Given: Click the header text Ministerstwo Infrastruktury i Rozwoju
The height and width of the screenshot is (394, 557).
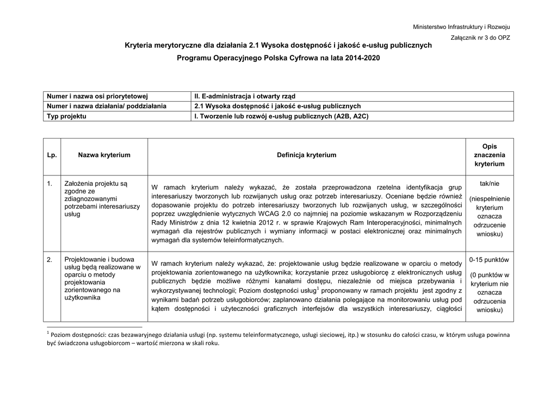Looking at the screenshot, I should (x=461, y=27).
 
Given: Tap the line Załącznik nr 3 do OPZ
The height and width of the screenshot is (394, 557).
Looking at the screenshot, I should (x=480, y=37).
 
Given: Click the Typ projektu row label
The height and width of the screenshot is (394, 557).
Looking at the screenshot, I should (x=67, y=116).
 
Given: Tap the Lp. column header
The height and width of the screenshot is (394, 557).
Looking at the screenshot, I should (x=52, y=155).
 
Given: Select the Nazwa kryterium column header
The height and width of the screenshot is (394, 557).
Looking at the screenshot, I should (x=104, y=155).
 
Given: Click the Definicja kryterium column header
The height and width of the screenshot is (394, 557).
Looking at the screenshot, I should (x=306, y=155).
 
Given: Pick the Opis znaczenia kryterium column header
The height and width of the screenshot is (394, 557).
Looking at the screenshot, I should (x=489, y=155).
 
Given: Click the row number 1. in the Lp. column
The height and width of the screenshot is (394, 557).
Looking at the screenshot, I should (x=49, y=184).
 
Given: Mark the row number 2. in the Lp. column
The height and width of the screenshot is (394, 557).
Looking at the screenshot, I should (x=49, y=260).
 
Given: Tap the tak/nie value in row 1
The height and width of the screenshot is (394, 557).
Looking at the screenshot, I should (x=490, y=184).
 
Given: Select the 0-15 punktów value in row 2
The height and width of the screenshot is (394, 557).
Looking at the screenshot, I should (x=490, y=260).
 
